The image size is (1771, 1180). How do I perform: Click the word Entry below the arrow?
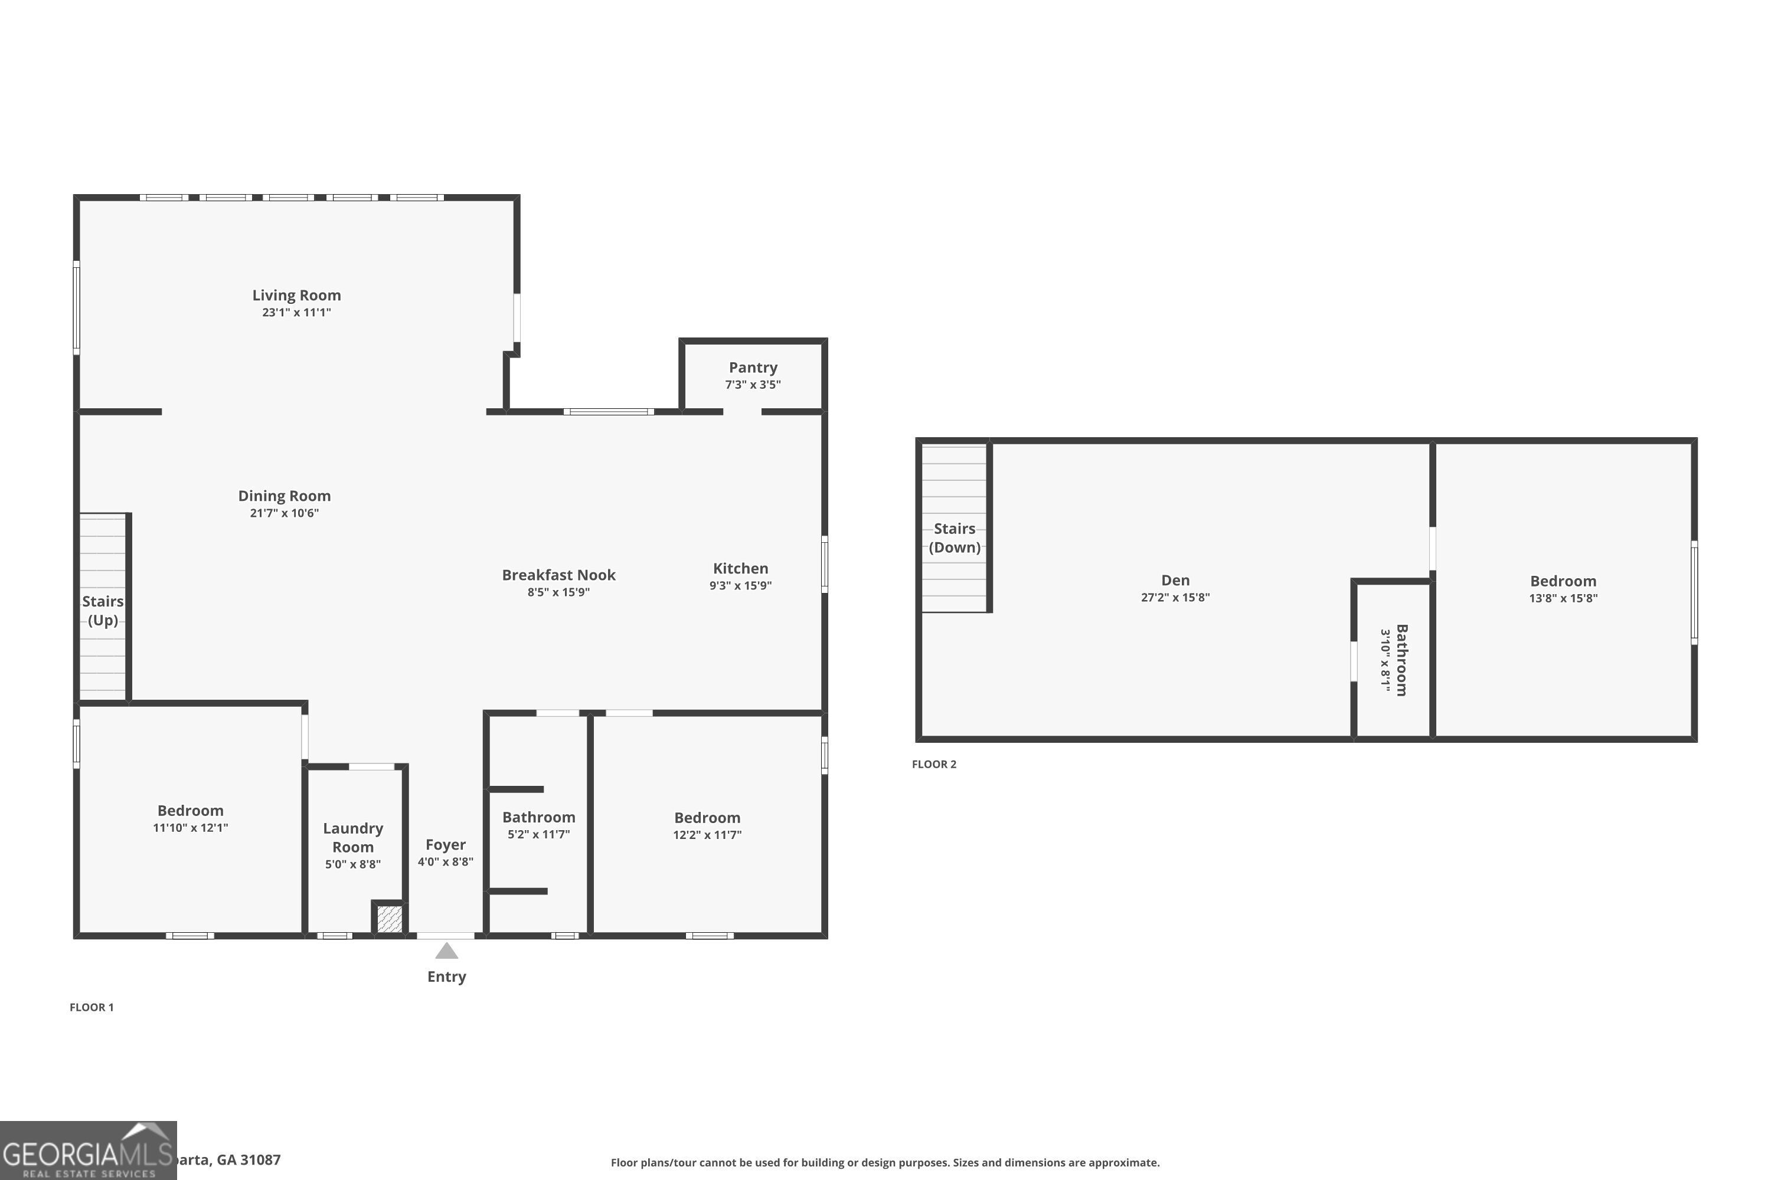[x=446, y=977]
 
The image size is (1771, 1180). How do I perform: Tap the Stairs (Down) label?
[x=954, y=537]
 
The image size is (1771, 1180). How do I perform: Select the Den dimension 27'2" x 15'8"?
[x=1175, y=598]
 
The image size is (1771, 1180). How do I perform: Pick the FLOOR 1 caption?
[x=92, y=1007]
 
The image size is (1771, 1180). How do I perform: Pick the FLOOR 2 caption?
[x=934, y=764]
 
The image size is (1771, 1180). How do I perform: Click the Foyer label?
[x=445, y=844]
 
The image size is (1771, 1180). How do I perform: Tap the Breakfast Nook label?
[x=558, y=575]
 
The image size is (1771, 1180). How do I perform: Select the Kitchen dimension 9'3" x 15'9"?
[x=740, y=585]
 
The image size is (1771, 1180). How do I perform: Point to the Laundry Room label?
[x=352, y=837]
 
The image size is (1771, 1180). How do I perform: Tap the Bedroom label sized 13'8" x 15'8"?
[x=1563, y=581]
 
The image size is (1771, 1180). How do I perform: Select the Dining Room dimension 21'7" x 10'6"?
[x=284, y=513]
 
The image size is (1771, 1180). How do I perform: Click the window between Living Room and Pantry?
[x=609, y=412]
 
